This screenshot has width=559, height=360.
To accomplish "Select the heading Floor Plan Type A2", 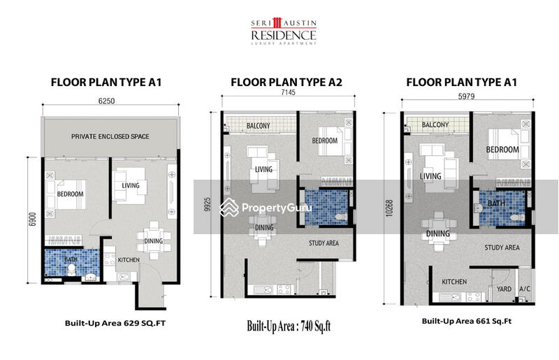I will click(286, 82).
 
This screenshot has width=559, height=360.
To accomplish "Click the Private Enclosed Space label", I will click(110, 136).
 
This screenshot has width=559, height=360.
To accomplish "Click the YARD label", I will click(504, 289).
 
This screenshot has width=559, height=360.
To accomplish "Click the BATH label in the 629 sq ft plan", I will click(72, 259).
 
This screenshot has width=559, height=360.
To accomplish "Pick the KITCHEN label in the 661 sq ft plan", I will click(454, 282).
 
